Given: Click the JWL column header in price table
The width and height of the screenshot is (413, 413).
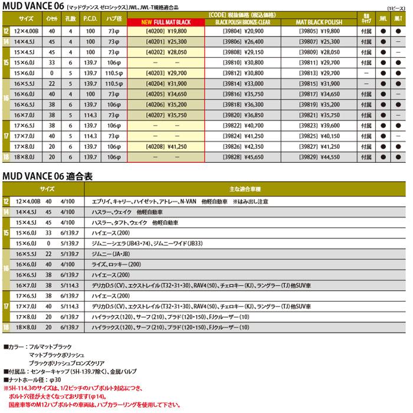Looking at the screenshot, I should click(382, 19).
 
